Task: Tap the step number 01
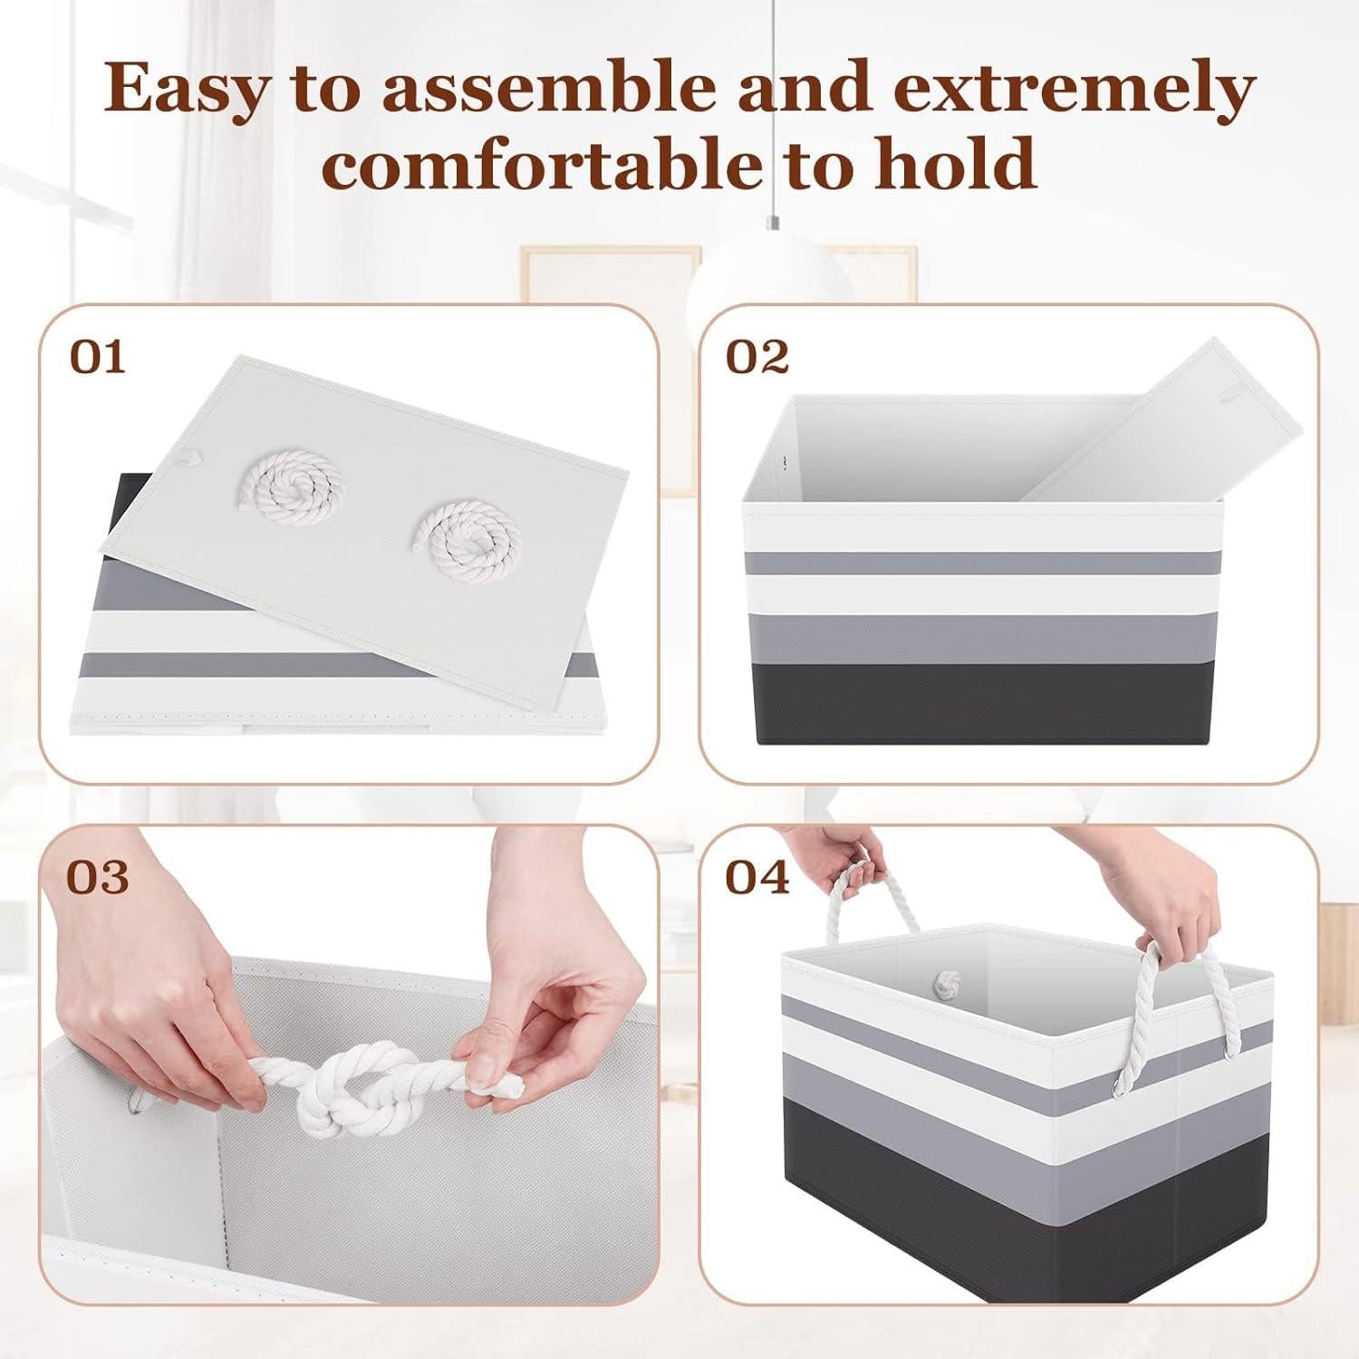[98, 357]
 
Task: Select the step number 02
[757, 357]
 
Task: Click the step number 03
[98, 877]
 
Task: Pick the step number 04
[757, 877]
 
